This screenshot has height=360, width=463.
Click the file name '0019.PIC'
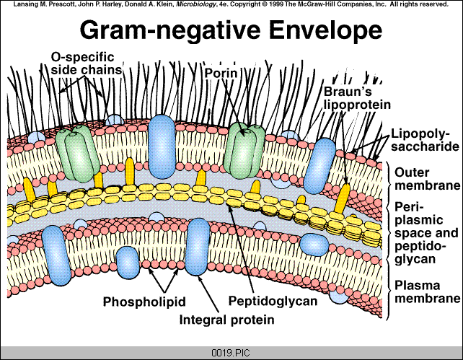point(232,353)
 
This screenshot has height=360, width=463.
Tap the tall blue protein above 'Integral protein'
point(198,247)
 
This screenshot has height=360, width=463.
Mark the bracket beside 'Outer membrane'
point(387,180)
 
